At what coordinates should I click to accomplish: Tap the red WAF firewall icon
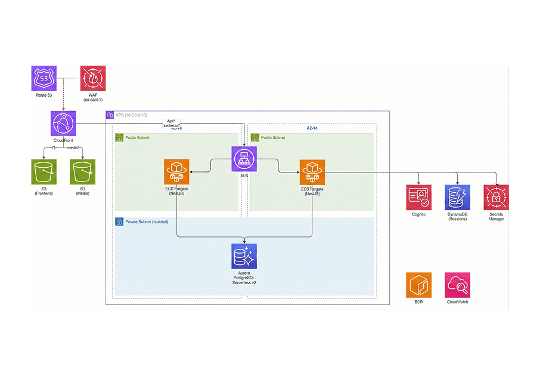[93, 78]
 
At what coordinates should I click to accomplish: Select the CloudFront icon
[63, 123]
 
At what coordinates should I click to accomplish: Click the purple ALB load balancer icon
[244, 159]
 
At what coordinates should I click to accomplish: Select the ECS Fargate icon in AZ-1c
[312, 172]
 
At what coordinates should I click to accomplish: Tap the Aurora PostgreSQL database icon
[244, 256]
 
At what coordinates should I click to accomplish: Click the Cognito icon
[418, 197]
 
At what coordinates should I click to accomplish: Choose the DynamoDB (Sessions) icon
[457, 197]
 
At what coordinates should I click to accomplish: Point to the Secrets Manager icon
[496, 197]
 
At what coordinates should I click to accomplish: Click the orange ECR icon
[418, 285]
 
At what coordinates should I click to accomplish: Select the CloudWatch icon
[457, 285]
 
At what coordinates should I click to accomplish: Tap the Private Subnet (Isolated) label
[147, 221]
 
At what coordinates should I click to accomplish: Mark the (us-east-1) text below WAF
[93, 100]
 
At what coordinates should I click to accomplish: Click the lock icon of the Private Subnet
[119, 221]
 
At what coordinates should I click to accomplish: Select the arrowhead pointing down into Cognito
[418, 182]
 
